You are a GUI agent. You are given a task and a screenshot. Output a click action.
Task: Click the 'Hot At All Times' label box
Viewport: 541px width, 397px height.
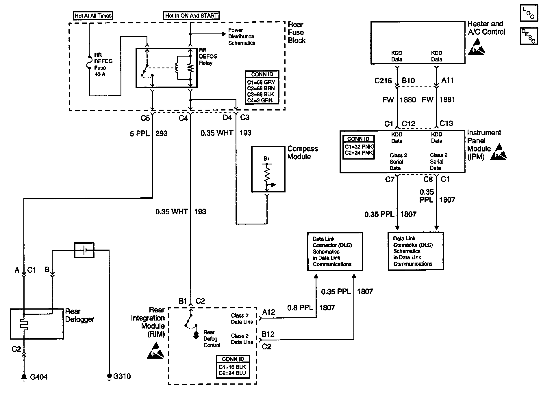pos(93,16)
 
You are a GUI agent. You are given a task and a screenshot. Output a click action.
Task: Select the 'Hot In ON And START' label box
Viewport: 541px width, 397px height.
pos(191,16)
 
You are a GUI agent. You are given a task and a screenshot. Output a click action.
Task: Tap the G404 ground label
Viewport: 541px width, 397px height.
pos(39,377)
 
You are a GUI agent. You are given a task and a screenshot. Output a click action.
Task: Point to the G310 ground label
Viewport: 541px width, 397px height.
pos(122,376)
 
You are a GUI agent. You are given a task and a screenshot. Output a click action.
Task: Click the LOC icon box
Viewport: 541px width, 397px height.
pos(529,13)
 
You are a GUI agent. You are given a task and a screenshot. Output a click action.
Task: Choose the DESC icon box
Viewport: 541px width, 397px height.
pos(529,36)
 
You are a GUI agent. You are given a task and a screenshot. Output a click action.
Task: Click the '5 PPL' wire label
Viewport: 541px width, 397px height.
pos(140,134)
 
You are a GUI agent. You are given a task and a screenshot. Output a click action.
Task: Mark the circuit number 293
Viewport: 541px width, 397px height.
pos(161,134)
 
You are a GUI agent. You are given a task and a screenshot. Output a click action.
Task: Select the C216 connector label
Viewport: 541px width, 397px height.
pos(383,81)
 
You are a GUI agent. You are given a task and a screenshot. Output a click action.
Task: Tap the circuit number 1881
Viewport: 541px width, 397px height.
pos(447,100)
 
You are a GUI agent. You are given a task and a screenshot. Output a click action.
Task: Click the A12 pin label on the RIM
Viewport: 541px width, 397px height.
pos(268,312)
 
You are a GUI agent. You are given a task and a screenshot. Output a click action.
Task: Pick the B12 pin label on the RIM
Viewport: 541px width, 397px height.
pos(268,334)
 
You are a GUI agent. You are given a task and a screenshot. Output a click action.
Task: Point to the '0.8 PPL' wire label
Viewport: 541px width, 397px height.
pos(300,308)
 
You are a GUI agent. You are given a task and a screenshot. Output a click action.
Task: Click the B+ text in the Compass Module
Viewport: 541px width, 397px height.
pos(267,159)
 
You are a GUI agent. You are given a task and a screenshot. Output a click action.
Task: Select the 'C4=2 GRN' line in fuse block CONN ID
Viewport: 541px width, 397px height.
pos(260,100)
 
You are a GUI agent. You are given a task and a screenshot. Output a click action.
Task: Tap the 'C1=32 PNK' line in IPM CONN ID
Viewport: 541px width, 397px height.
pos(359,147)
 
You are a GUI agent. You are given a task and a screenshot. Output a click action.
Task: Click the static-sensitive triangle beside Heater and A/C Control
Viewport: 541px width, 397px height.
pos(477,46)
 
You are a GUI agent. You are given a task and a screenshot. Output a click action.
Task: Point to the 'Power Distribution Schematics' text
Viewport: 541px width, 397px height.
pos(242,37)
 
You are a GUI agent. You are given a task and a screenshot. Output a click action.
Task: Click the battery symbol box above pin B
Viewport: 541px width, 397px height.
pos(84,250)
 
